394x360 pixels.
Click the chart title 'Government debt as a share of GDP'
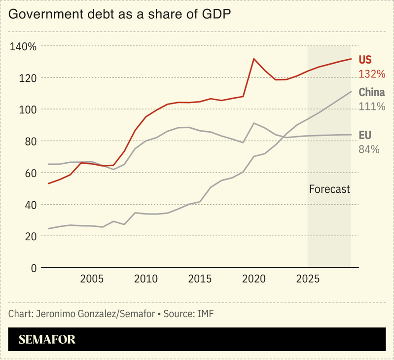[x=120, y=14]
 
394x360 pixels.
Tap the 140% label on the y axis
[x=23, y=46]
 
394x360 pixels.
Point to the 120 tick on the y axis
[x=28, y=78]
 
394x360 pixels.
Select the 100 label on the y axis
[x=28, y=109]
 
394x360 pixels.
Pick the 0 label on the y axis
[x=34, y=268]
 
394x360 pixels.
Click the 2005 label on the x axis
[x=92, y=279]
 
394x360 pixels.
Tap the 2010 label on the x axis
[x=146, y=279]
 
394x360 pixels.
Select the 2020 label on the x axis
[x=254, y=279]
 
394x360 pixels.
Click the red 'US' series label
[x=365, y=60]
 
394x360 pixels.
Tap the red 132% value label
[x=371, y=74]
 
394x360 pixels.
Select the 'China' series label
[x=371, y=92]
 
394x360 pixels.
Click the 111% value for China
[x=371, y=106]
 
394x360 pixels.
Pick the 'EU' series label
[x=365, y=135]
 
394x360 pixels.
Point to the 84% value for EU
[x=369, y=148]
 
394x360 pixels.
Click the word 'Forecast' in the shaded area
[x=329, y=189]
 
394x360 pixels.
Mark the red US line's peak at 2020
[x=254, y=59]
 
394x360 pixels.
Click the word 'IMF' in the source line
[x=206, y=314]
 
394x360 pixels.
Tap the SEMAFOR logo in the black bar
[x=47, y=339]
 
